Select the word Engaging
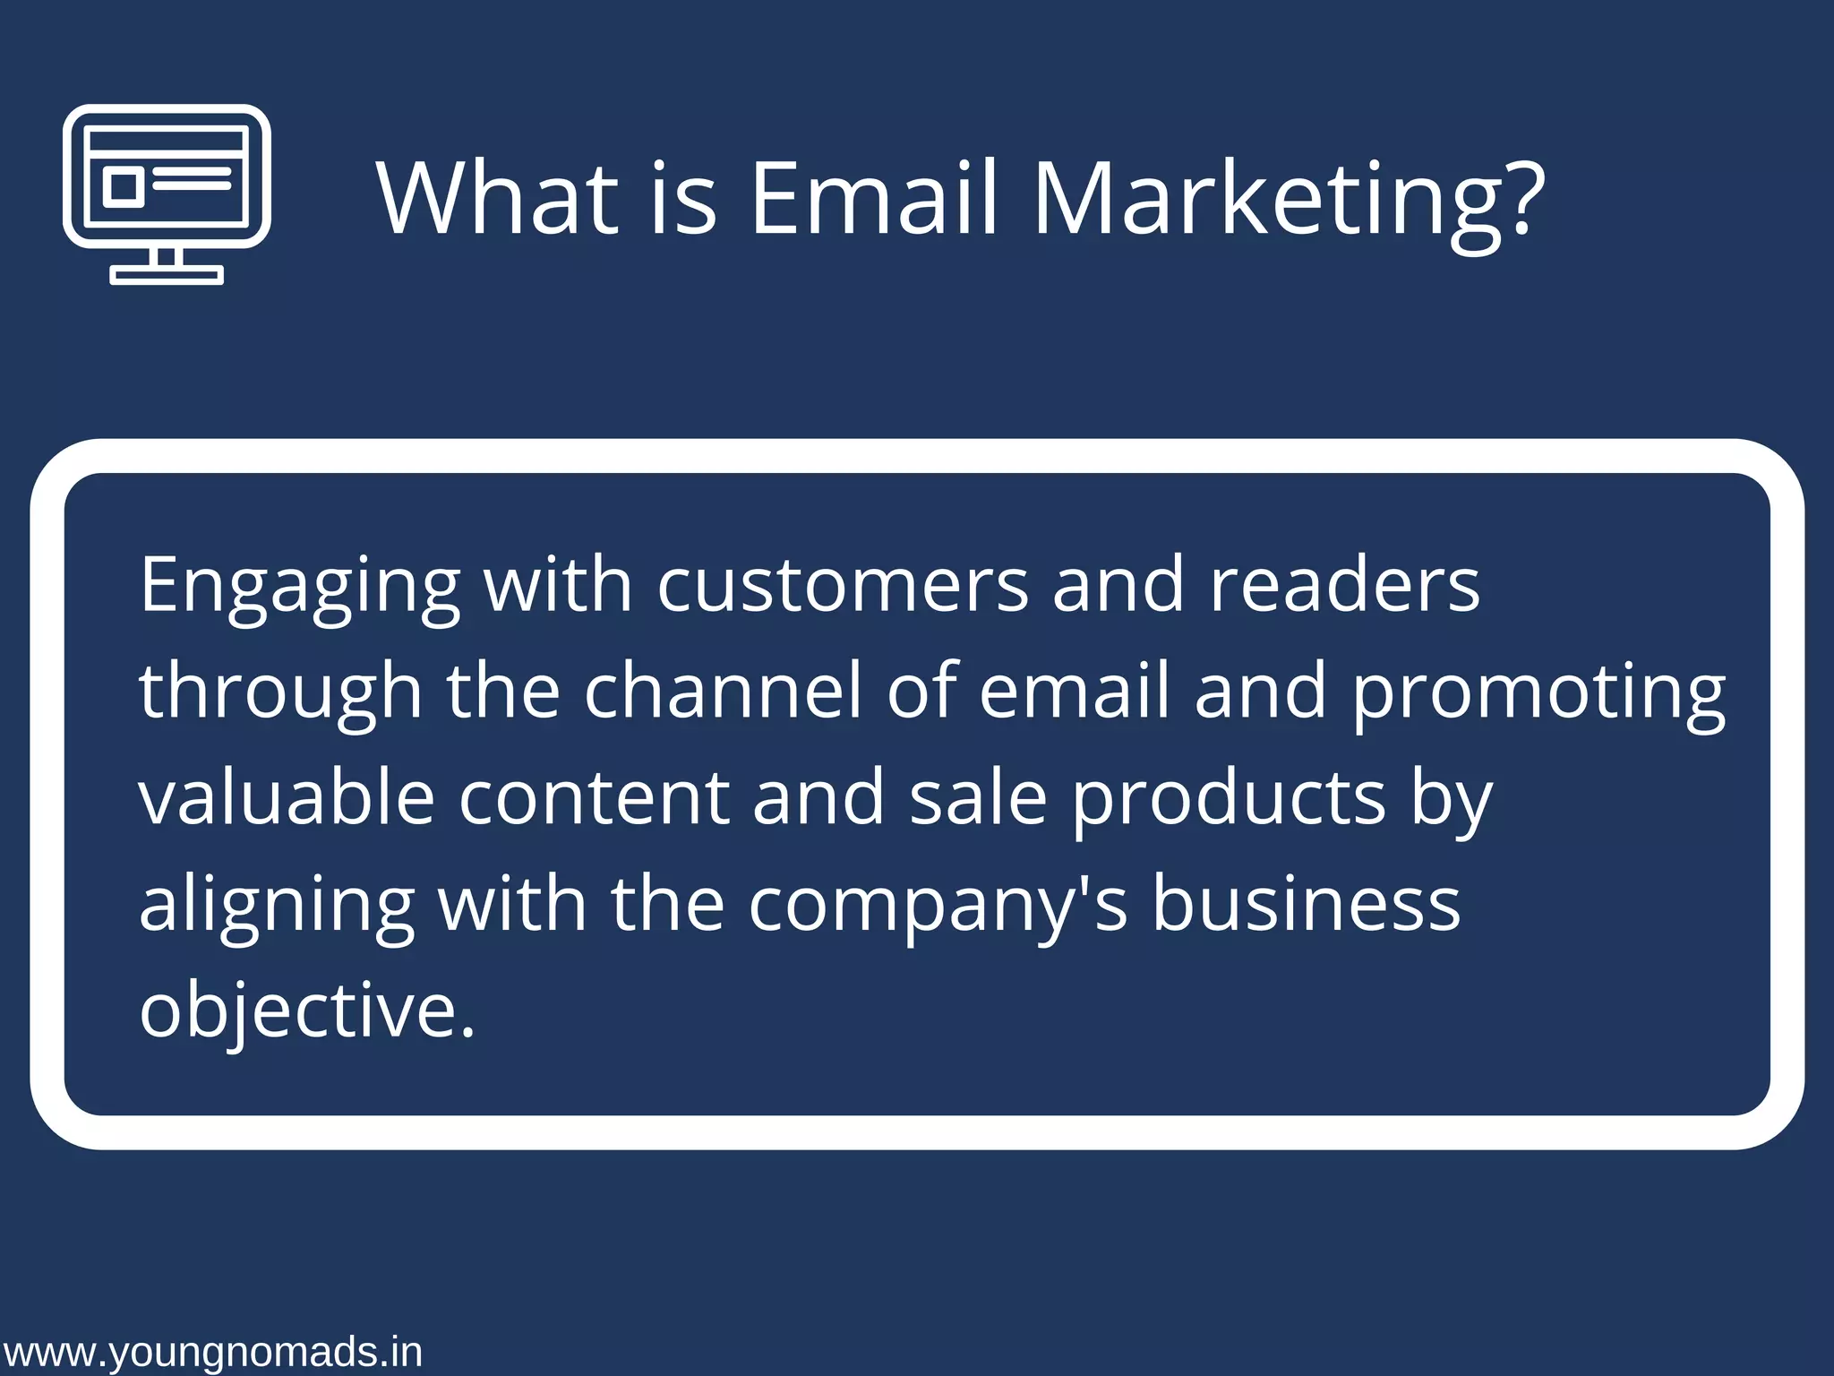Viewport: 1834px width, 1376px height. (300, 587)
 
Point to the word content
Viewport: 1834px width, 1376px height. (595, 798)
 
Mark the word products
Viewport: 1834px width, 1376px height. (1230, 800)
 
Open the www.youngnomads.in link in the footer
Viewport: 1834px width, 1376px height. (212, 1352)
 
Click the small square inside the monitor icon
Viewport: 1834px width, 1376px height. (124, 186)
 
